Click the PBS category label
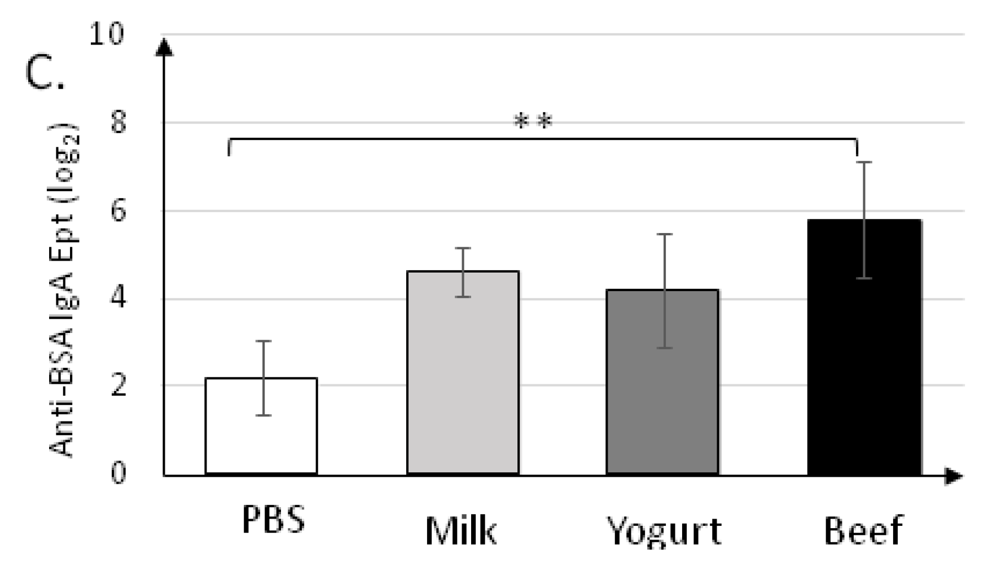pyautogui.click(x=274, y=519)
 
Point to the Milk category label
pyautogui.click(x=461, y=531)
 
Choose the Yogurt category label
pyautogui.click(x=664, y=531)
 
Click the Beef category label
pyautogui.click(x=863, y=531)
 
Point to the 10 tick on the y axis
pyautogui.click(x=106, y=34)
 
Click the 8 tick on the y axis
pyautogui.click(x=118, y=122)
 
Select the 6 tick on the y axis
pyautogui.click(x=118, y=211)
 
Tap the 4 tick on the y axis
pyautogui.click(x=118, y=299)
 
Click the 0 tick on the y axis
pyautogui.click(x=118, y=473)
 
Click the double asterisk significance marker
pyautogui.click(x=533, y=121)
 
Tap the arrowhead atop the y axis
pyautogui.click(x=164, y=47)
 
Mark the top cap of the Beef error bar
pyautogui.click(x=864, y=163)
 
